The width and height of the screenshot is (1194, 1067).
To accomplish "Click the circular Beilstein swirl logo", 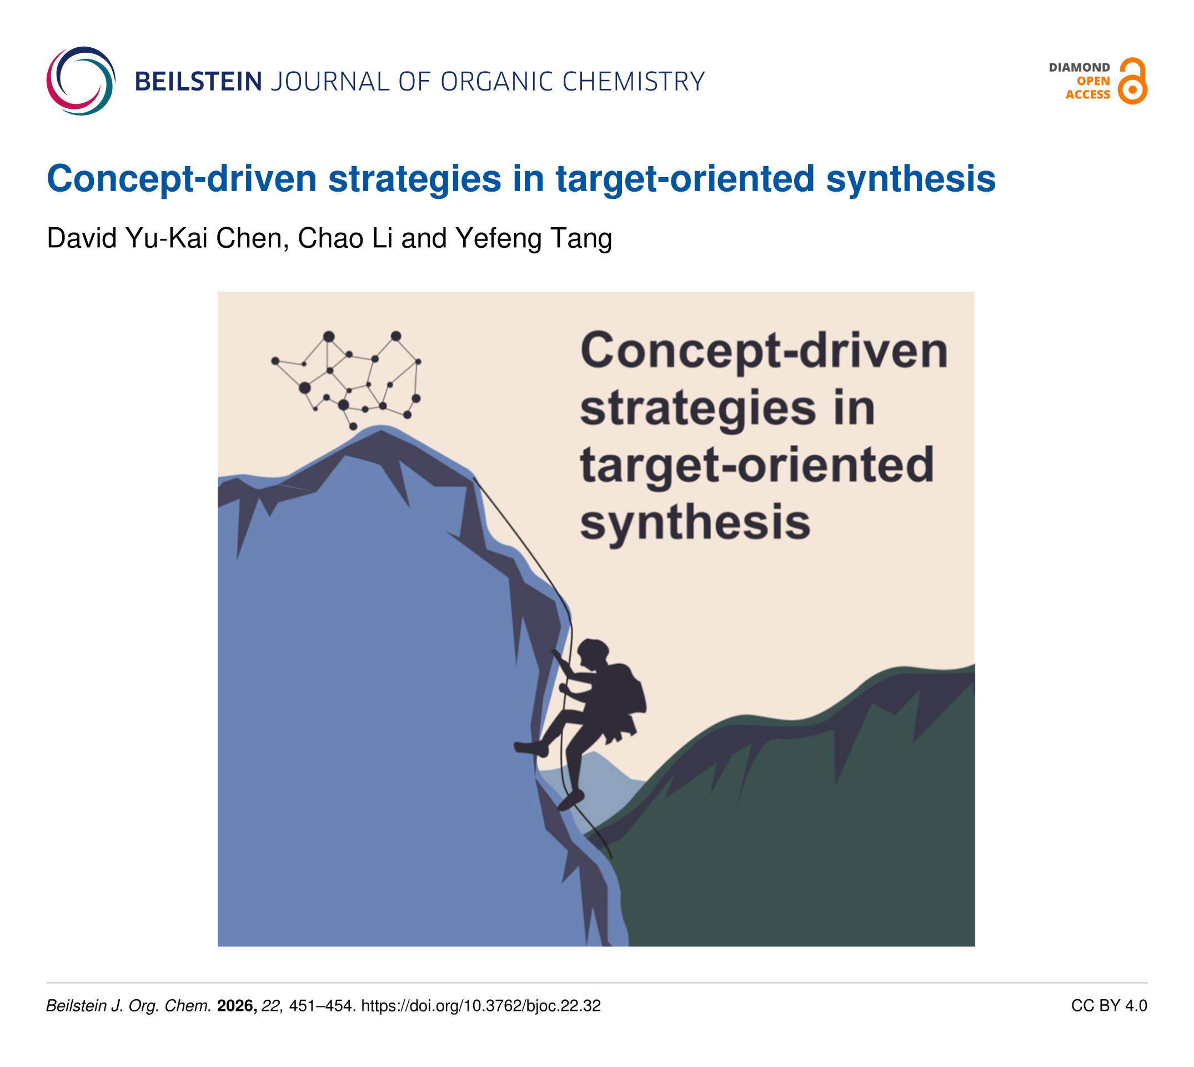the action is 81,81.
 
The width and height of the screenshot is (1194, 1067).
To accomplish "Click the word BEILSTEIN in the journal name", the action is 198,82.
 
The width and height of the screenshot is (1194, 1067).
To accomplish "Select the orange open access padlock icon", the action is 1132,81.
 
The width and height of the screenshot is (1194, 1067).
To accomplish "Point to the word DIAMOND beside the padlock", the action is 1079,67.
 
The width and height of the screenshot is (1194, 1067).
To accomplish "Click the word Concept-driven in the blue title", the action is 182,178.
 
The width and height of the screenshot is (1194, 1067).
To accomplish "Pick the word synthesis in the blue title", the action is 910,178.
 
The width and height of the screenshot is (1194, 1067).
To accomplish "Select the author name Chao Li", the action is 345,238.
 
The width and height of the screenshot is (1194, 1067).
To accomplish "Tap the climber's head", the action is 593,654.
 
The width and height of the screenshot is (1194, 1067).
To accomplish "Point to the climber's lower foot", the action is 570,800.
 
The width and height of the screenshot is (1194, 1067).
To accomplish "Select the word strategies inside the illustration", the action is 698,409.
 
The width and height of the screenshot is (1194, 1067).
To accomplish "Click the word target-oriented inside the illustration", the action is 757,465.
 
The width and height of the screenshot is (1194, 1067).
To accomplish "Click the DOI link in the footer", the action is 480,1006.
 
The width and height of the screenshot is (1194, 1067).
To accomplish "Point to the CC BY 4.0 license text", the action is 1109,1006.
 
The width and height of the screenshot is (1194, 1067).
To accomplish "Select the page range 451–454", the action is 322,1006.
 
